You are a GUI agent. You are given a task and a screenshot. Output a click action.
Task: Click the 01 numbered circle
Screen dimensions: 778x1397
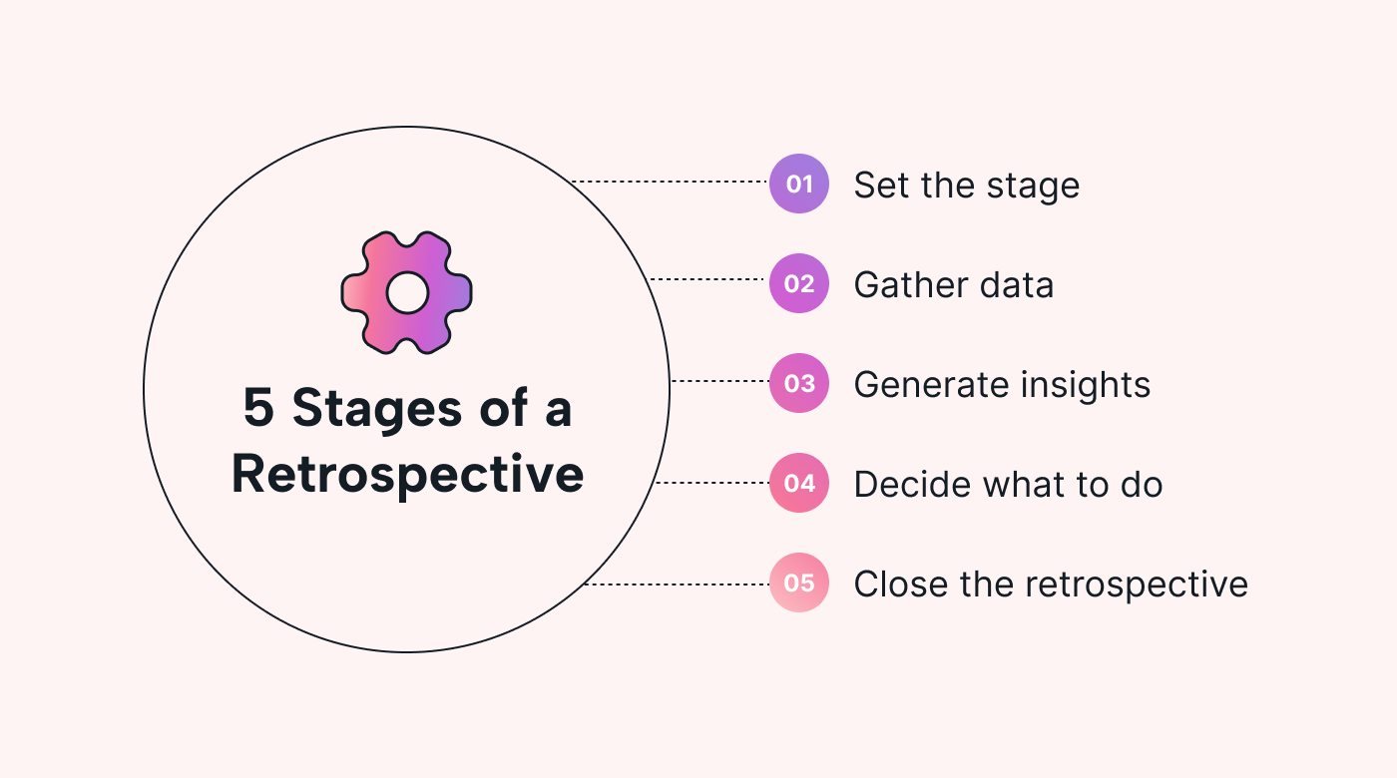tap(799, 184)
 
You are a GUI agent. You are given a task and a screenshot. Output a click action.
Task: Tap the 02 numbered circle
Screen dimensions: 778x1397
tap(799, 283)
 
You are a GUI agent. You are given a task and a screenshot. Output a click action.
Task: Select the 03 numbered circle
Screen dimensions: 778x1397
tap(799, 383)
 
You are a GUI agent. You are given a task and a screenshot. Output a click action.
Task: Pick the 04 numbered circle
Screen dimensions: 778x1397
tap(799, 483)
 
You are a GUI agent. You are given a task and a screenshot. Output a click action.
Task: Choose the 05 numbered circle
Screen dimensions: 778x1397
tap(799, 583)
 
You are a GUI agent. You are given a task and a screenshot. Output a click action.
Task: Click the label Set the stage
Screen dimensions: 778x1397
tap(966, 186)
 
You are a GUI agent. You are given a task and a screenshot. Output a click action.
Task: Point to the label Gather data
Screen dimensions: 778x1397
tap(953, 285)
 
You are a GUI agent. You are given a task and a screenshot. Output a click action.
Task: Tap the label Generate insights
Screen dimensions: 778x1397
tap(1002, 385)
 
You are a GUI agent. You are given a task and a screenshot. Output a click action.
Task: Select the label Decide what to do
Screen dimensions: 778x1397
tap(1008, 485)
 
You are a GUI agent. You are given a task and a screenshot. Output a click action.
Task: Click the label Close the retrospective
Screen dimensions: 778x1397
tap(1051, 584)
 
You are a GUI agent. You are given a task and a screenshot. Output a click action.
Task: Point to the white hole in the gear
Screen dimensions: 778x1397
tap(407, 292)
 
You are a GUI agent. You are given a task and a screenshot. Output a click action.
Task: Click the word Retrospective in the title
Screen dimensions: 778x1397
tap(407, 475)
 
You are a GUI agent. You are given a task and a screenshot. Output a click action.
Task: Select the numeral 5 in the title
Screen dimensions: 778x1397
tap(258, 409)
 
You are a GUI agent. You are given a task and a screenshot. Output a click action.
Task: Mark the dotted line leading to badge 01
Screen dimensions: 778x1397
tap(669, 182)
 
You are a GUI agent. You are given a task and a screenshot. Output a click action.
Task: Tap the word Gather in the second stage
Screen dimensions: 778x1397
tap(905, 285)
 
